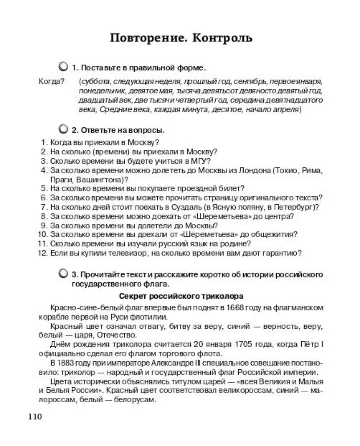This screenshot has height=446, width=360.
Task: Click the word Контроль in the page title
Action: [222, 38]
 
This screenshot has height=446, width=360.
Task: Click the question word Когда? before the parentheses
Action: [51, 82]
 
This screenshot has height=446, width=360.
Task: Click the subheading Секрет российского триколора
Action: [181, 296]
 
